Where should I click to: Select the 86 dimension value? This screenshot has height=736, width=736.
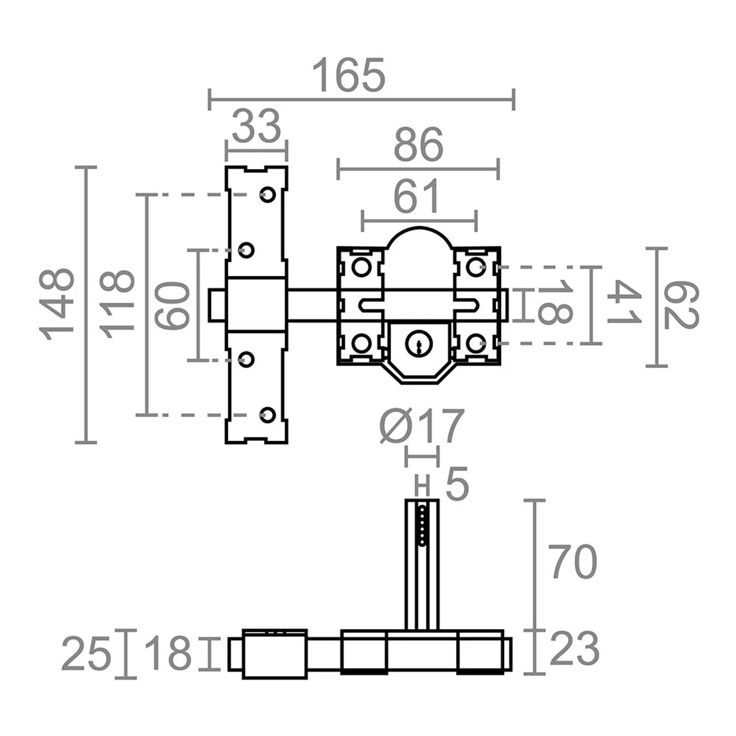(x=418, y=146)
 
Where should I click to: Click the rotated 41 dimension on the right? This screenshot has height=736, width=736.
(x=625, y=305)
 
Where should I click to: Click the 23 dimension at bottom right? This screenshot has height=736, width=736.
(x=574, y=650)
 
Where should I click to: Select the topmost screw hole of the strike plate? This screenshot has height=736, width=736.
(x=267, y=194)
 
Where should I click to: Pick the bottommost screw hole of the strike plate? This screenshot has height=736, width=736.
(x=267, y=414)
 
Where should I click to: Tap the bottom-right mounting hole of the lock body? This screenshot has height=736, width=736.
(x=475, y=343)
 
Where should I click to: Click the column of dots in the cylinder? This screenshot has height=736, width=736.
(x=422, y=524)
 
